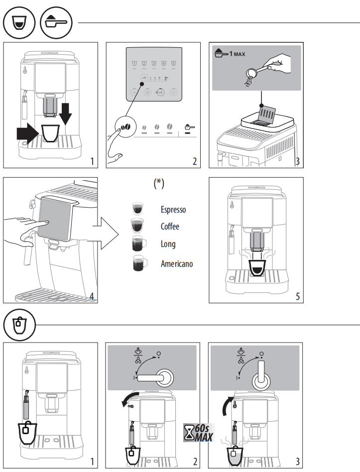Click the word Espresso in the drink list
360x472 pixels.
pos(173,210)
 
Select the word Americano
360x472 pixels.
pos(176,264)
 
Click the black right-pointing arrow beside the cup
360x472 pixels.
pos(27,133)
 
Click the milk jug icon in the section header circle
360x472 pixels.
pos(19,326)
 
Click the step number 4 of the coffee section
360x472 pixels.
pos(92,296)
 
